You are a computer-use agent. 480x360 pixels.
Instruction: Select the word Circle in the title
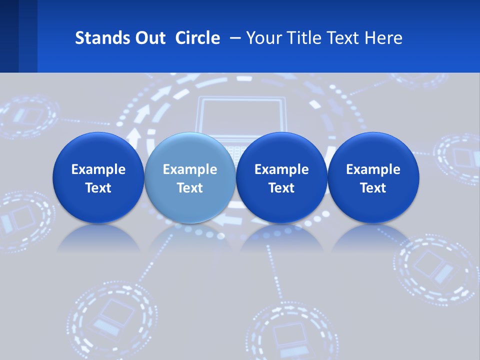coord(197,38)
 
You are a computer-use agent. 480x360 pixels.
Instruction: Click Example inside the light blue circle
coord(190,169)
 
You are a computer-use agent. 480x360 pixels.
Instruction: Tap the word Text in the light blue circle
coord(190,188)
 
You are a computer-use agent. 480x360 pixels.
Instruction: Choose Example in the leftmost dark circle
coord(98,169)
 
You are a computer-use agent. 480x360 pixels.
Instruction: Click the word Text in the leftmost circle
coord(98,188)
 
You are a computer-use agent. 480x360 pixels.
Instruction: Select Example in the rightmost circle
coord(373,169)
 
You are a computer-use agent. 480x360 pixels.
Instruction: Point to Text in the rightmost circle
coord(373,188)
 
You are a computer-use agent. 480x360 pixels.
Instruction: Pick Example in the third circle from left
coord(281,169)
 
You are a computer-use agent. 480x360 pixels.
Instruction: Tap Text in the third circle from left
coord(281,188)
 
